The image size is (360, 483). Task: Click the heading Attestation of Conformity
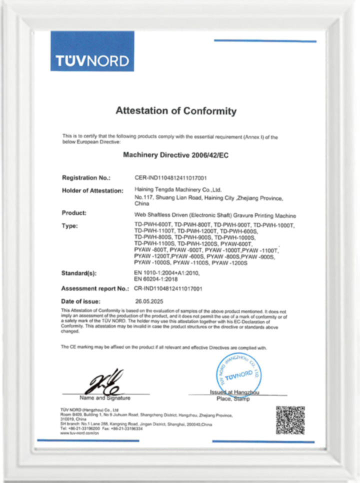pyautogui.click(x=175, y=111)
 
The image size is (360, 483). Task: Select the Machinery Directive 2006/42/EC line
pyautogui.click(x=175, y=155)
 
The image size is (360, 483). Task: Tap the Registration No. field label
pyautogui.click(x=85, y=178)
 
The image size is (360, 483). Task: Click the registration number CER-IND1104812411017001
pyautogui.click(x=171, y=178)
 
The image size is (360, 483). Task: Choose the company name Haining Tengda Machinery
pyautogui.click(x=178, y=190)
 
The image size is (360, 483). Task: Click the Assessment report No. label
pyautogui.click(x=95, y=289)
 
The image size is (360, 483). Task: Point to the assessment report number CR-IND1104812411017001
pyautogui.click(x=168, y=289)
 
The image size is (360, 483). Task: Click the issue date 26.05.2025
pyautogui.click(x=150, y=301)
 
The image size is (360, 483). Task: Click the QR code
pyautogui.click(x=290, y=420)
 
